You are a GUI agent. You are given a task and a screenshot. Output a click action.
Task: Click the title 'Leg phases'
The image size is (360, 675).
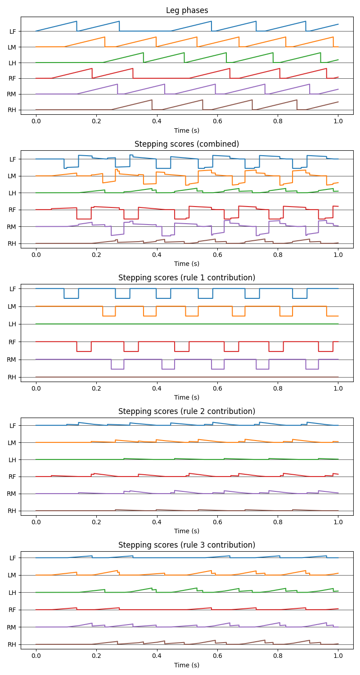187,10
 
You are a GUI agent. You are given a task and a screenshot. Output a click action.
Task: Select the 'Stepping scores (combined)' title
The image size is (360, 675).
187,144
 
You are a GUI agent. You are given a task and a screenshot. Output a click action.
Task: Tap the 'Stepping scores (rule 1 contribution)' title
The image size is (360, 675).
187,278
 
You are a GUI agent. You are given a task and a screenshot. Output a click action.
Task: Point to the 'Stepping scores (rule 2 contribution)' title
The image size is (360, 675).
187,411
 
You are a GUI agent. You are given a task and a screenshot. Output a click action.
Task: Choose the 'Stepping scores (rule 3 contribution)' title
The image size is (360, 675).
187,545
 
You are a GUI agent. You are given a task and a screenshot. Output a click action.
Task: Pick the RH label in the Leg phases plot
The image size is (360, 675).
12,110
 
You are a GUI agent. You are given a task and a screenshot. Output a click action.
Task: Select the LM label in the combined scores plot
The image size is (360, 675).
12,176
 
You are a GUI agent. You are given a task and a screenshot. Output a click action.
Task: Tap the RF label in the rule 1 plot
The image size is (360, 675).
12,342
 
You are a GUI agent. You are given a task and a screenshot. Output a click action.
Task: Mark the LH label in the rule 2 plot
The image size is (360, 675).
12,459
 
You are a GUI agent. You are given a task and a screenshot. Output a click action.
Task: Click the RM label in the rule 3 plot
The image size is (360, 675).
12,627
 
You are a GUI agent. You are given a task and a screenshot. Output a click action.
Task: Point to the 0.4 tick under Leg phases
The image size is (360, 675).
157,121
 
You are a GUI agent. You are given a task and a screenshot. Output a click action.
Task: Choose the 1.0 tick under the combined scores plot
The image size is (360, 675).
338,255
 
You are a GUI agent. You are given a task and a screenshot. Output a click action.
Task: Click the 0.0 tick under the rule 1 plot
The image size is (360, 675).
36,389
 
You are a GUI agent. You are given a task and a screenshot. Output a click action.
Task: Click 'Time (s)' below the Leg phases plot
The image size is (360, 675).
187,130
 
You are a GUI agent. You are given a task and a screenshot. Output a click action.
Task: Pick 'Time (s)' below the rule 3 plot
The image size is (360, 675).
187,665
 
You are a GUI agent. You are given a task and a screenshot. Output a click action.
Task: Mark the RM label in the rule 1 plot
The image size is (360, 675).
12,360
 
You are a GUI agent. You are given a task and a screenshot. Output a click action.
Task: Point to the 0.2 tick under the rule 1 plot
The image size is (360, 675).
96,389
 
